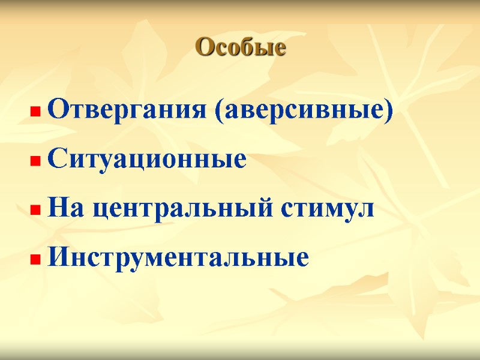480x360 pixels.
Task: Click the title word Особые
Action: click(241, 47)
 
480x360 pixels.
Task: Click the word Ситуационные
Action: click(147, 160)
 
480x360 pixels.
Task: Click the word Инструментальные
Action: click(178, 258)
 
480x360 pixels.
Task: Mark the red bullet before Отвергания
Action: click(35, 112)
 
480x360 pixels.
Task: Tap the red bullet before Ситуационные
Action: click(35, 161)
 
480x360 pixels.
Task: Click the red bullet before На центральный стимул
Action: click(35, 210)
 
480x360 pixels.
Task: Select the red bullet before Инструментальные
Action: click(35, 259)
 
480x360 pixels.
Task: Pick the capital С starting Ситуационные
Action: click(56, 160)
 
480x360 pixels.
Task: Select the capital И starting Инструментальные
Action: click(58, 258)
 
